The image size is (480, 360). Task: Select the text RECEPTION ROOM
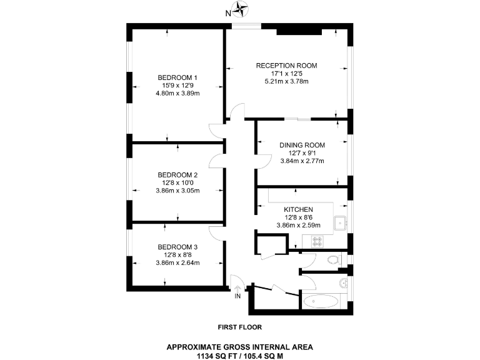(287, 65)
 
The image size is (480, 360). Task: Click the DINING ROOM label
(302, 145)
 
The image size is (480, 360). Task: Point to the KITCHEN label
(298, 209)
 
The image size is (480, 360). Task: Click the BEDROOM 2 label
(177, 174)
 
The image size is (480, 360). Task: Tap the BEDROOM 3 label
(177, 247)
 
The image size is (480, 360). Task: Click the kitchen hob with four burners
(312, 240)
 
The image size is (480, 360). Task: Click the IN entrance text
(237, 296)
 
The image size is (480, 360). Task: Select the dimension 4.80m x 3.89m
(177, 94)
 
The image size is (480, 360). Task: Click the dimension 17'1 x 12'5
(287, 73)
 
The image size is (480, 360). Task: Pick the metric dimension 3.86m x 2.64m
(177, 263)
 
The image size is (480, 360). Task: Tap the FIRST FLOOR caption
(239, 327)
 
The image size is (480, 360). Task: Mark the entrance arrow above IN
(237, 287)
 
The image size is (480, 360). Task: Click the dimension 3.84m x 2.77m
(302, 161)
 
